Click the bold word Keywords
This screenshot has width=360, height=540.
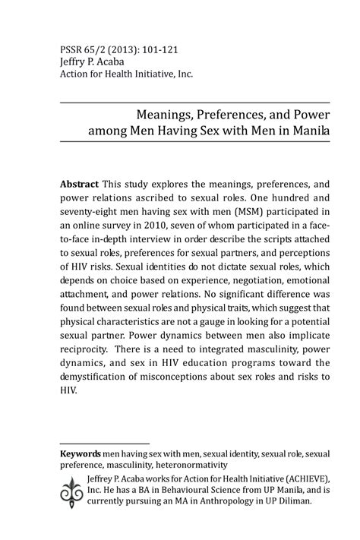[81, 453]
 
